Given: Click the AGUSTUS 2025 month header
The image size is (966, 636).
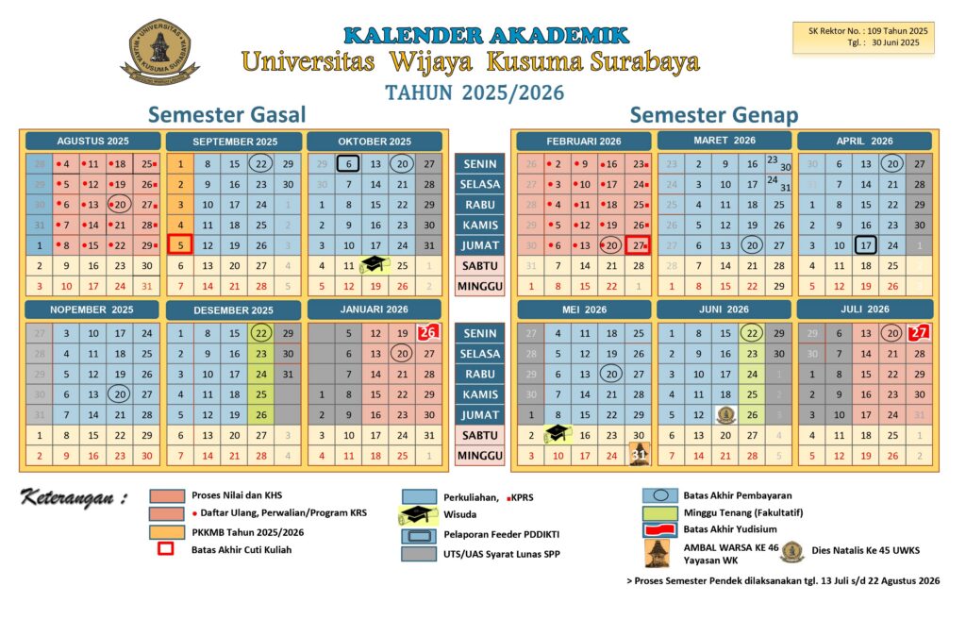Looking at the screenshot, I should coord(92,142).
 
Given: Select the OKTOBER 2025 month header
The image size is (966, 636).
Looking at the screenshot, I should coord(375,142).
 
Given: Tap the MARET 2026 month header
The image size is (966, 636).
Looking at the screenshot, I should coord(724,141).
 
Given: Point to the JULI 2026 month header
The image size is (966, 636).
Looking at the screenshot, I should coord(865,309).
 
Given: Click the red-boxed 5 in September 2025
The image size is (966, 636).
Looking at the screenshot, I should coord(181,245).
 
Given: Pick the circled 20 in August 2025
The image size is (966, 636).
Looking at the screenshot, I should coord(119,204).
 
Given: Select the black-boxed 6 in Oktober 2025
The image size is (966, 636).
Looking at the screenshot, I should coord(349,163).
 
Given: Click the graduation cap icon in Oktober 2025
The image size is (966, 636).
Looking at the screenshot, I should coord(375,266).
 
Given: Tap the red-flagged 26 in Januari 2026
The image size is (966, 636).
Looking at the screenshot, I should coord(428,332).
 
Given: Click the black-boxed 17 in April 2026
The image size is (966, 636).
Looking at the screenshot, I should coord(866,245).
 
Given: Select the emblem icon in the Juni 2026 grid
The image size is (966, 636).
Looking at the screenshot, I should coord(725,414).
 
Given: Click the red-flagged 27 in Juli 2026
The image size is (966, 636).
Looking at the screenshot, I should coord(919,332).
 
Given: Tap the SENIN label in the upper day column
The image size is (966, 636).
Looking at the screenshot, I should coord(479,163).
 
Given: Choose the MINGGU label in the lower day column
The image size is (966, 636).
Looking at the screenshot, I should coord(479,456).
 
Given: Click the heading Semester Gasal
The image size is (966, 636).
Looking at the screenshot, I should coord(227,115).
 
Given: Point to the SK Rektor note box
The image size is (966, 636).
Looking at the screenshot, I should coord(863,36).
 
